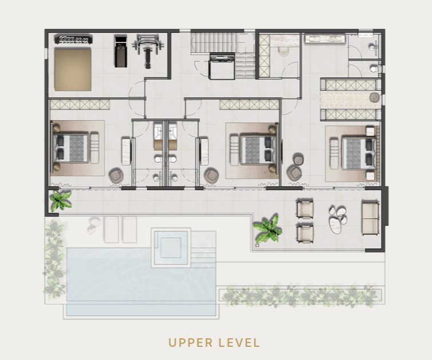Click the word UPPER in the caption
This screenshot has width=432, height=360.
click(191, 343)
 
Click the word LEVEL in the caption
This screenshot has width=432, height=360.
click(239, 343)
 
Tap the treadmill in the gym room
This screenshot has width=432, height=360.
click(121, 51)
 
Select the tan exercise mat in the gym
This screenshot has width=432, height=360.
click(73, 69)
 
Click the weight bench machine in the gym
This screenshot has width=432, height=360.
click(146, 52)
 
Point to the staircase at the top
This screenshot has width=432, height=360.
click(223, 55)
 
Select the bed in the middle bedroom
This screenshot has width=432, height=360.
click(258, 149)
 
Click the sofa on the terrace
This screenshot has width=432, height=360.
click(371, 218)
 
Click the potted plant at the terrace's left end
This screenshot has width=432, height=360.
click(60, 201)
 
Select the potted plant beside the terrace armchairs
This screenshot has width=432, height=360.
click(268, 228)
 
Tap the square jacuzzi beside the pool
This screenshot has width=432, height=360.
click(171, 247)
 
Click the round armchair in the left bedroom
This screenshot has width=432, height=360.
click(117, 175)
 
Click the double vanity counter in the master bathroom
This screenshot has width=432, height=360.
click(325, 38)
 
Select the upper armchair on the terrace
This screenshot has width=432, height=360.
click(305, 209)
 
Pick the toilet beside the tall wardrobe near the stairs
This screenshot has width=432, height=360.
click(284, 51)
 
